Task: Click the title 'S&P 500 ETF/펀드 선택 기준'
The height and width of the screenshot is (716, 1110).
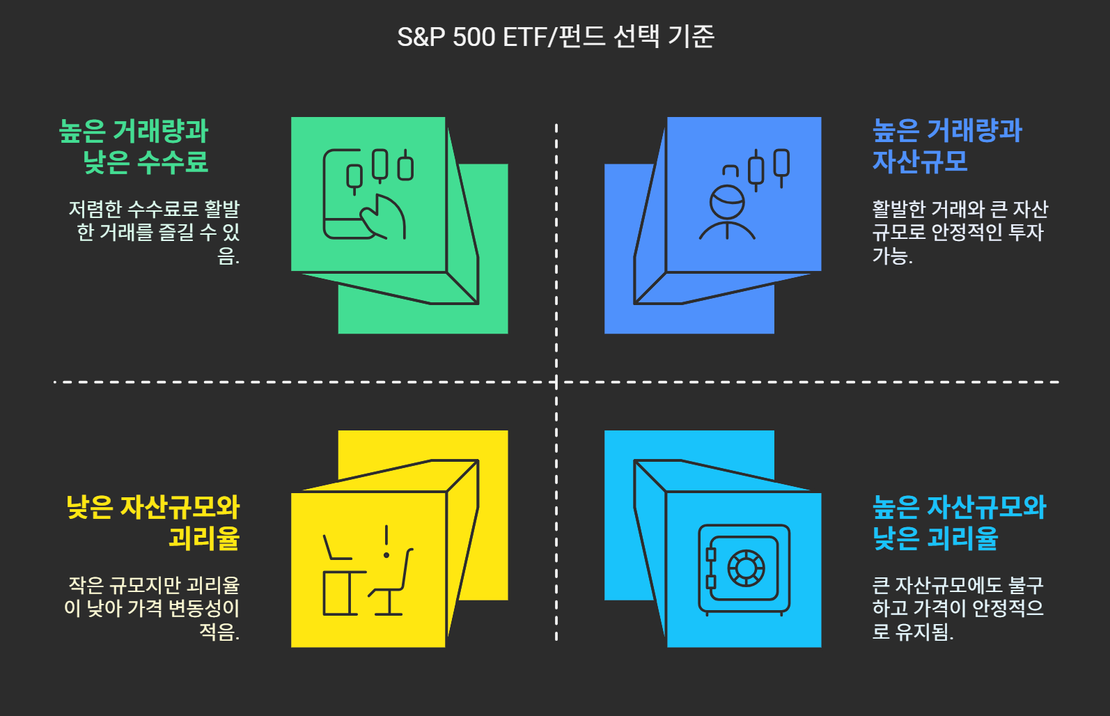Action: tap(555, 37)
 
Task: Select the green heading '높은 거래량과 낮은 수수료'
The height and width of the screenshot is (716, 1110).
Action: tap(134, 146)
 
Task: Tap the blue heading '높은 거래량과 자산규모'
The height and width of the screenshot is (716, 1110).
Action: tap(946, 146)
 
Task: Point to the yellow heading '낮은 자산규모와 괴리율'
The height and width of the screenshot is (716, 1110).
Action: tap(153, 522)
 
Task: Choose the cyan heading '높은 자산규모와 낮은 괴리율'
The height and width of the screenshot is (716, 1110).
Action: tap(959, 522)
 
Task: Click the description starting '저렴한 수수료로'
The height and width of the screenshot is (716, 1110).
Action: tap(155, 232)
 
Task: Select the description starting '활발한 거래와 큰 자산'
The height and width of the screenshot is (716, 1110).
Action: tap(959, 232)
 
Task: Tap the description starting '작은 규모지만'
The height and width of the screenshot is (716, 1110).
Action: tap(153, 608)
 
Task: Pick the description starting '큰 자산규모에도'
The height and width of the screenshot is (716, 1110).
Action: tap(957, 608)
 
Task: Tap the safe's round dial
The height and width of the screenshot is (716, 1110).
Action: tap(746, 568)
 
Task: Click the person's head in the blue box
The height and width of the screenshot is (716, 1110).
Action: tap(727, 202)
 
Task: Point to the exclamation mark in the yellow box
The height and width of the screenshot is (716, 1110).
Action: tap(386, 542)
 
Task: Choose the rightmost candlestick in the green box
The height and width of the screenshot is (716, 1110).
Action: tap(405, 167)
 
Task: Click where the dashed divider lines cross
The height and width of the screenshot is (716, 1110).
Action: tap(556, 382)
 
